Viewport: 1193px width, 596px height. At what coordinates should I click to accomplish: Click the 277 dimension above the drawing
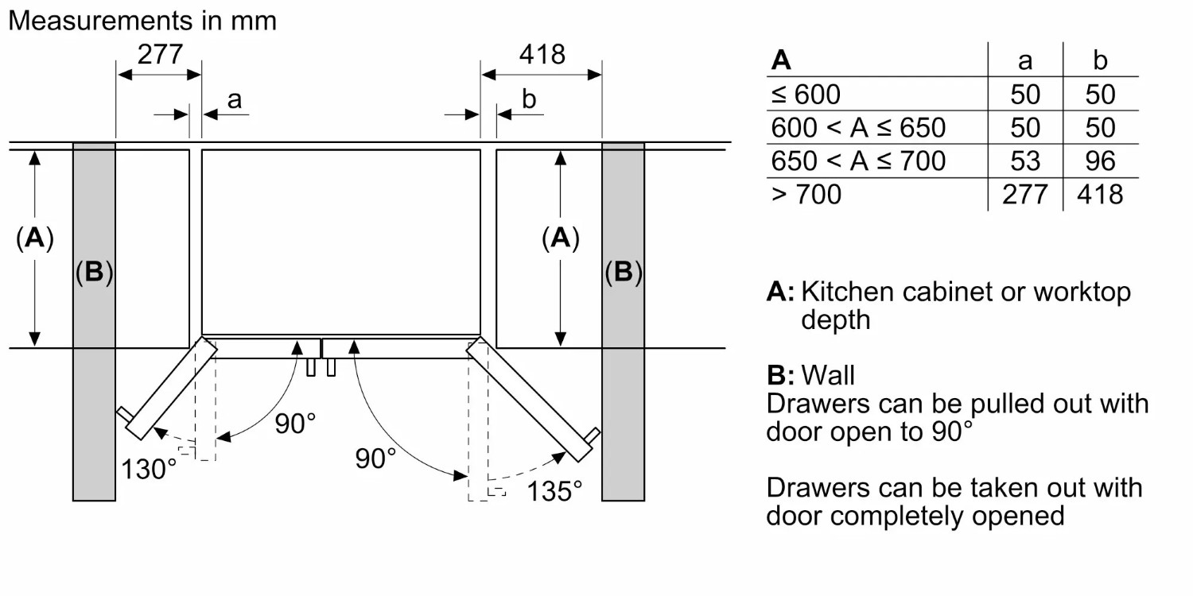coord(160,54)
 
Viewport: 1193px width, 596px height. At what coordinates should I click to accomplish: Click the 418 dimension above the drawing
coord(542,54)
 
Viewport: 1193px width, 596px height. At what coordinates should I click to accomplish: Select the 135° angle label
coord(554,490)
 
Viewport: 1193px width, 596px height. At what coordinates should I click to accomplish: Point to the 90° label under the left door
coord(295,424)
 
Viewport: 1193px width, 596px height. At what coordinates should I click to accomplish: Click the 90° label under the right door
coord(375,458)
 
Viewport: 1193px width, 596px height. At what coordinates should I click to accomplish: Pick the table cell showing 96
coord(1100,161)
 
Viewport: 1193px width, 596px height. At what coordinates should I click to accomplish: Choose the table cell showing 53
coord(1025,161)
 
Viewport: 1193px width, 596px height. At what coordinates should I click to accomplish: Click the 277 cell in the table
coord(1025,195)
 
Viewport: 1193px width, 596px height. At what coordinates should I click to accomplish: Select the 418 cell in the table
coord(1100,195)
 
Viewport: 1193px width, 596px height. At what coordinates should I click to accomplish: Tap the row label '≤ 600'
coord(805,95)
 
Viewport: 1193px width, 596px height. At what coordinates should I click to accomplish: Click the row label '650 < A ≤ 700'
coord(858,161)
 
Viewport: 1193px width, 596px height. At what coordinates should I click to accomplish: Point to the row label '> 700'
coord(806,195)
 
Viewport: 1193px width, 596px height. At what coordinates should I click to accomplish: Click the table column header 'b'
coord(1100,61)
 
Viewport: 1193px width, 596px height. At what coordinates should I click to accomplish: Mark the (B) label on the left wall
coord(94,273)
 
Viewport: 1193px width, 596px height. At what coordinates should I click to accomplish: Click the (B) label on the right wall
coord(623,273)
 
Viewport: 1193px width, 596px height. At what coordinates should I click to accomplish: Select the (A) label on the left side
coord(34,238)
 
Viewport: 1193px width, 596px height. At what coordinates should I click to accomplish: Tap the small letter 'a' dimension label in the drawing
coord(234,99)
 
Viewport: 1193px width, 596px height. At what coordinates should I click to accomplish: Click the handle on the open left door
coord(123,415)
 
